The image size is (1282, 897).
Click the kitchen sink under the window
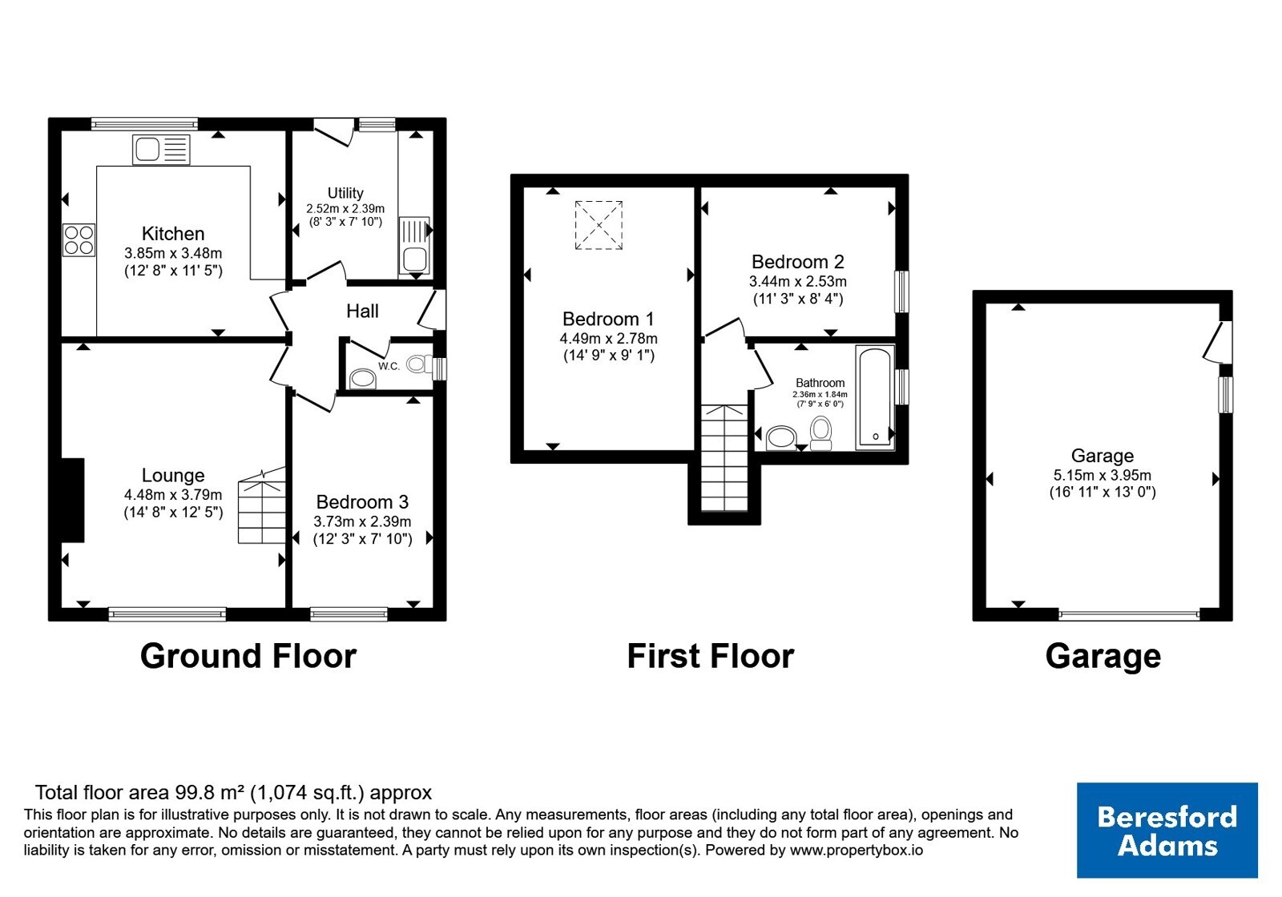161,150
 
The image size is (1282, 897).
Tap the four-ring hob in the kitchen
79,239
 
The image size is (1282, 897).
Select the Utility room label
345,193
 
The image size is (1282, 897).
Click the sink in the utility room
413,245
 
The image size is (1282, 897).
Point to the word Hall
362,312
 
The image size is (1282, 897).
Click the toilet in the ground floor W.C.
420,364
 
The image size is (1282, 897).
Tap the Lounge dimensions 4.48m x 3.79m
173,494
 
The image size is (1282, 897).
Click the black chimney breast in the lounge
73,500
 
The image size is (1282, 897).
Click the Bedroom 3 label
362,501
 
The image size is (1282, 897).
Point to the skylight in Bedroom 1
599,225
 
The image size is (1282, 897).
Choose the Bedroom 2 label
798,262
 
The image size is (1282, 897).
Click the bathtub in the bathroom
875,397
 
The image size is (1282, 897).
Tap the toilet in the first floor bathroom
821,433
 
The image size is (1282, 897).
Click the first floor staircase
724,457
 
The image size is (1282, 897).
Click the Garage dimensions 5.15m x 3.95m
1103,475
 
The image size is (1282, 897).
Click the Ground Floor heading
248,656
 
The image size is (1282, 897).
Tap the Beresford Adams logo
1167,830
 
